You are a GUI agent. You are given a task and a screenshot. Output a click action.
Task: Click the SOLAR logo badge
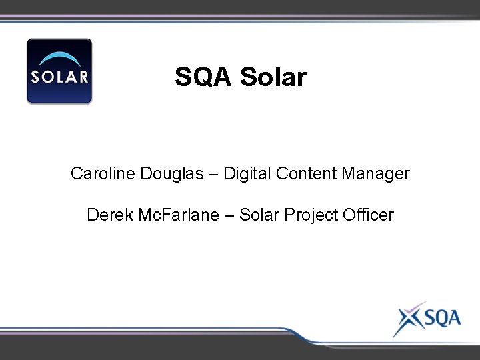pos(59,71)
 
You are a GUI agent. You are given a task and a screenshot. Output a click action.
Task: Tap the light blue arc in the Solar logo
pos(59,59)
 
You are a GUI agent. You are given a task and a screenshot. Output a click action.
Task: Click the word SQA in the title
pos(203,77)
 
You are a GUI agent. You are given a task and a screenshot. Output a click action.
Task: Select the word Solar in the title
pos(273,77)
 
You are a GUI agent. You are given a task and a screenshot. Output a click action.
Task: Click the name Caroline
pos(103,174)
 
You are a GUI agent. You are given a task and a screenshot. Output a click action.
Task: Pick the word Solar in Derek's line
pos(259,215)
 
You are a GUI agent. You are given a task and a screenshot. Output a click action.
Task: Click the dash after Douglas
pos(213,175)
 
